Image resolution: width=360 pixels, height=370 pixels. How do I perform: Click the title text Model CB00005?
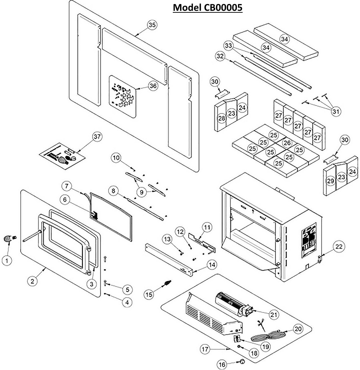pos(207,8)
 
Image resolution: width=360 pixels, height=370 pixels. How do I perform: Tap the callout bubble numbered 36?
pos(152,85)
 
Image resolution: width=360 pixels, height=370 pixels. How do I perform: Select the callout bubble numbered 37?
pos(97,137)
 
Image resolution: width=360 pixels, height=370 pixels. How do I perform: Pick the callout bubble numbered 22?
pos(339,247)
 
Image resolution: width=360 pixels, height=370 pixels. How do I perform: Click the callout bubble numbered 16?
pos(222,364)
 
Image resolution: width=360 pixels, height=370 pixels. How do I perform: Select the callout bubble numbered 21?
pos(273,315)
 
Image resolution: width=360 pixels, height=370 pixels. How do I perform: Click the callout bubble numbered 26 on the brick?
pos(286,142)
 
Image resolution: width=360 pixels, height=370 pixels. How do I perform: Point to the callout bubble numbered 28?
pos(222,118)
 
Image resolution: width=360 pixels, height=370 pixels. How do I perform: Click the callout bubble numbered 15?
pos(149,294)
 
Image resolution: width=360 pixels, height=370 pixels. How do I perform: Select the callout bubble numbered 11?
pos(206,227)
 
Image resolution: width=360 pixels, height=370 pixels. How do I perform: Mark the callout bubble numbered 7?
pos(67,186)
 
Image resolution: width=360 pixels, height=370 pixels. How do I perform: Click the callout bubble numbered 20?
pos(298,329)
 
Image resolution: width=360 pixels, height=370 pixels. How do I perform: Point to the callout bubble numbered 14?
pos(212,265)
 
